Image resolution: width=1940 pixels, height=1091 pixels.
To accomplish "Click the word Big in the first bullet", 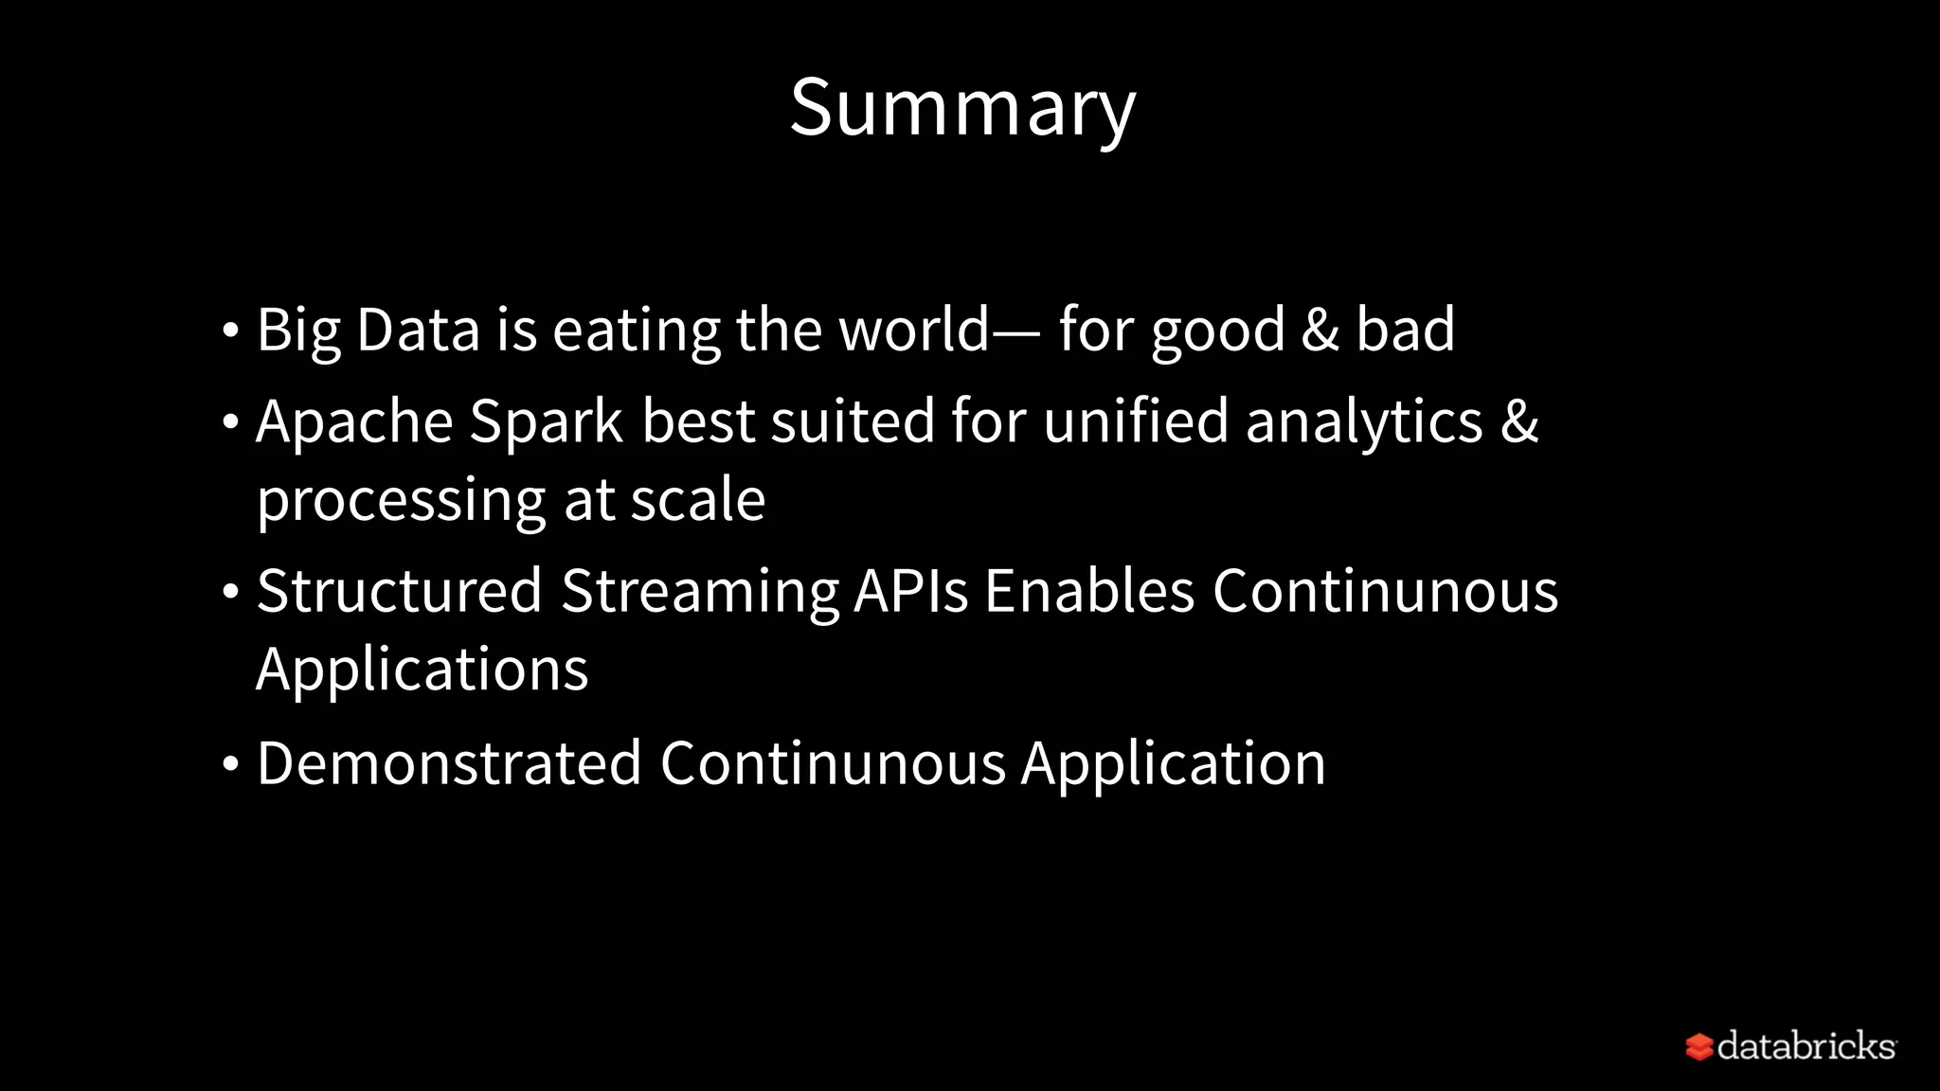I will point(298,331).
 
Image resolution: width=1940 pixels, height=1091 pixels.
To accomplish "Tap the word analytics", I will point(1364,422).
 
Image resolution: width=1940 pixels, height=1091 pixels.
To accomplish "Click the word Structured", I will point(399,591).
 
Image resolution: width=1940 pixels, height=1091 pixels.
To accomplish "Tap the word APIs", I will point(910,591).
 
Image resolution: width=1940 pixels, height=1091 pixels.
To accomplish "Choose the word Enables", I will point(1089,591).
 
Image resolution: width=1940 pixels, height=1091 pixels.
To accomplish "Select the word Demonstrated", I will point(449,763).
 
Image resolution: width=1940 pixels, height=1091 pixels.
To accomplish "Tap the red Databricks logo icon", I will point(1698,1047).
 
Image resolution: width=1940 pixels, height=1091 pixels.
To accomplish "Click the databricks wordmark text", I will point(1805,1046).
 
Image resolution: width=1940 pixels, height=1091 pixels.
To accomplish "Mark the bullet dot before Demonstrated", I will point(230,763).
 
